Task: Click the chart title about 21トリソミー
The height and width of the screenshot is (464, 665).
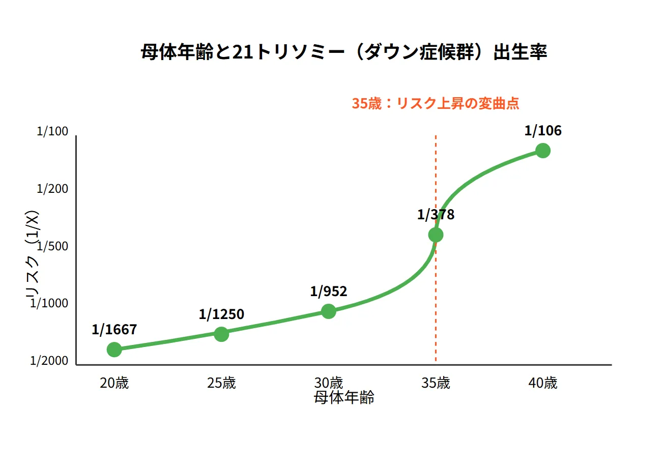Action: pos(343,53)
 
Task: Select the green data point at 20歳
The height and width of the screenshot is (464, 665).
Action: pos(114,350)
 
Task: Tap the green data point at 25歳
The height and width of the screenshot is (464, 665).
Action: pos(221,334)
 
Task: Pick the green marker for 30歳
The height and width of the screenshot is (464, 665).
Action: pos(329,311)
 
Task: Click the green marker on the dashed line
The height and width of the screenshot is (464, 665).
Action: pos(436,235)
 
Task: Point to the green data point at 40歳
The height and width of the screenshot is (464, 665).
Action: pos(543,151)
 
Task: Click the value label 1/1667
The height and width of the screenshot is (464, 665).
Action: pos(114,330)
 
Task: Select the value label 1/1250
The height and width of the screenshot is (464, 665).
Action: pos(221,314)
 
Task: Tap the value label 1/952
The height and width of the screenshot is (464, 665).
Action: pos(329,292)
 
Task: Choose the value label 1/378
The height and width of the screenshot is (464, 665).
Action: pos(436,215)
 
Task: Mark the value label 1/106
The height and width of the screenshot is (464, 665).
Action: pos(543,131)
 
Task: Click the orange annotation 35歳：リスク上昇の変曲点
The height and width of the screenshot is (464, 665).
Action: pos(436,103)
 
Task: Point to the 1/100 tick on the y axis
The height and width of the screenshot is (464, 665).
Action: pos(52,132)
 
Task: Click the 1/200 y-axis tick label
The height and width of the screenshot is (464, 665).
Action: pos(52,189)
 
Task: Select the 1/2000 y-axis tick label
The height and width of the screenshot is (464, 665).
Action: pos(49,361)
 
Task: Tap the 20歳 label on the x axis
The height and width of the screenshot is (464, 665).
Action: pos(114,383)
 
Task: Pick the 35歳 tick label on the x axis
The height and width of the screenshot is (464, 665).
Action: pos(436,383)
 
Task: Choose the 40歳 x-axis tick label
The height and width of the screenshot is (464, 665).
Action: pos(543,383)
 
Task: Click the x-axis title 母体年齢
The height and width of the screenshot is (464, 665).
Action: pos(344,398)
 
